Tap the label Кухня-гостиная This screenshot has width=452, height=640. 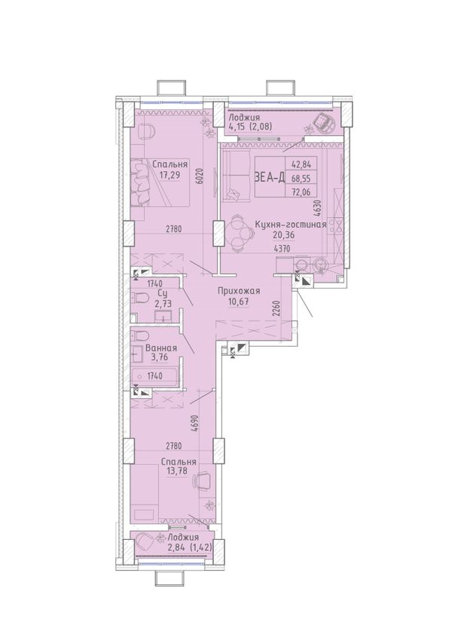click(x=290, y=225)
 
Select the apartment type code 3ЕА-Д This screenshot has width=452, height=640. click(x=269, y=178)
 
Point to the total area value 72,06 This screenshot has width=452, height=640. click(x=302, y=190)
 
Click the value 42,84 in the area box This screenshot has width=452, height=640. click(x=302, y=165)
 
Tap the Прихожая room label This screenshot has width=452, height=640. click(x=239, y=291)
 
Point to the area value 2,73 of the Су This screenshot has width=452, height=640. click(x=162, y=303)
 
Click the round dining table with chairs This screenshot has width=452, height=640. click(x=237, y=233)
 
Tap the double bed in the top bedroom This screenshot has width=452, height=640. click(x=160, y=182)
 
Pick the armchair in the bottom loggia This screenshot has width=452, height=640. click(x=144, y=542)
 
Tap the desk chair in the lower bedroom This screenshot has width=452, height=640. click(x=203, y=479)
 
